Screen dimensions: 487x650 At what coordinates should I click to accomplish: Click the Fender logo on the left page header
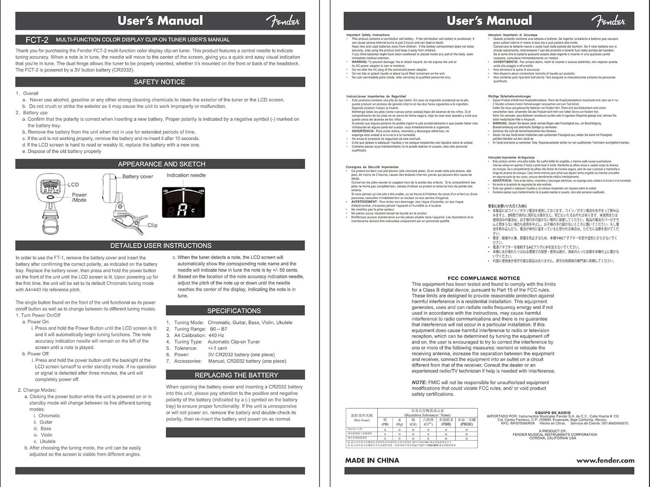(x=283, y=20)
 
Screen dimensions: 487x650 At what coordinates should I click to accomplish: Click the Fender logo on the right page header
(x=608, y=20)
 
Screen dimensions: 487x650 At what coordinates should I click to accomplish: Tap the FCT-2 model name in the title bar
(x=37, y=40)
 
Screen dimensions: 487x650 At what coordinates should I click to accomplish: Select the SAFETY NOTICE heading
(x=159, y=82)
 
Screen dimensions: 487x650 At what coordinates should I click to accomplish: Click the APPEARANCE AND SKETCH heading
(x=162, y=164)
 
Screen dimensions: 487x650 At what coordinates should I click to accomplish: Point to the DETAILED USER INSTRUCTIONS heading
(x=161, y=245)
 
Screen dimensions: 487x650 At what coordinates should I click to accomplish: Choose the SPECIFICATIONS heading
(x=234, y=311)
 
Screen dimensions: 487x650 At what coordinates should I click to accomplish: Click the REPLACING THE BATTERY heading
(x=236, y=375)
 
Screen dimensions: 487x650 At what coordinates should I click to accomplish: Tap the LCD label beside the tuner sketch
(x=73, y=184)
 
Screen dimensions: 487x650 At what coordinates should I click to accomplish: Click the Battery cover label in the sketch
(x=137, y=177)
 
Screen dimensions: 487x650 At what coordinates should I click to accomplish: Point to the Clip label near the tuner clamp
(x=152, y=225)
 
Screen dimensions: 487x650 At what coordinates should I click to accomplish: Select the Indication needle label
(x=186, y=175)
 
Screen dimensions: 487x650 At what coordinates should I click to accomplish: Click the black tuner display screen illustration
(x=183, y=203)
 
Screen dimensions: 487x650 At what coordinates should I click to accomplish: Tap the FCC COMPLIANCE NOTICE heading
(x=484, y=278)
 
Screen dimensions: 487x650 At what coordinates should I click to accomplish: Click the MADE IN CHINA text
(x=372, y=460)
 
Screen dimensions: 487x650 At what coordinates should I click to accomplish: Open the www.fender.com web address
(x=605, y=460)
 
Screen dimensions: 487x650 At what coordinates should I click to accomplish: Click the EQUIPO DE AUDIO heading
(x=552, y=413)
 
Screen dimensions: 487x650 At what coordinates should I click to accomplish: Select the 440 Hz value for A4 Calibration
(x=216, y=335)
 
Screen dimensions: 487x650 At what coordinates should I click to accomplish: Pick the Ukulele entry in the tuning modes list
(x=48, y=442)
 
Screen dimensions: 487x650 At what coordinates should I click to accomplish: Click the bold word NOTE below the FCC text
(x=419, y=383)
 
